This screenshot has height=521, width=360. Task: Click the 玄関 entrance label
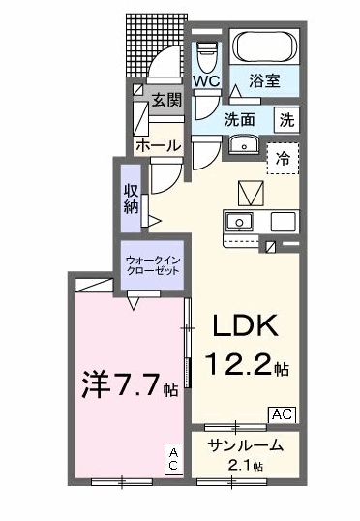point(165,100)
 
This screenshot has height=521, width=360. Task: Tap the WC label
point(205,81)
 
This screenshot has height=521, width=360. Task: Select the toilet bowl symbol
point(206,53)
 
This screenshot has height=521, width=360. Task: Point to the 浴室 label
point(265,82)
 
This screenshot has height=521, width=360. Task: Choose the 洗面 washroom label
point(240,120)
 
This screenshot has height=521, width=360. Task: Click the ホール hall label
point(157,145)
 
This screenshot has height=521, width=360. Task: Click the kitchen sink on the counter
point(238,222)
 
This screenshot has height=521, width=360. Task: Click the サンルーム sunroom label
point(247,445)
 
